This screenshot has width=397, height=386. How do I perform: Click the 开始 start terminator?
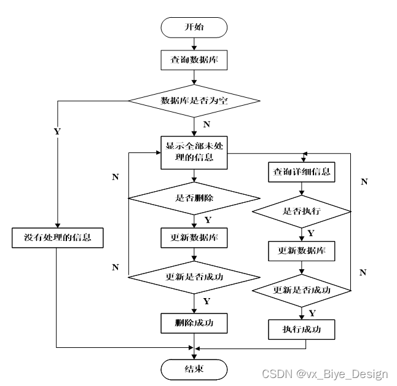[x=194, y=27]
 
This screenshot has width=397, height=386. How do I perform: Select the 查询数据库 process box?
[x=194, y=61]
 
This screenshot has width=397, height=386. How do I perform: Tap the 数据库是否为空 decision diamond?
[x=194, y=101]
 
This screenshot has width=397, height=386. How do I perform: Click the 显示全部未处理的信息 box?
[x=194, y=152]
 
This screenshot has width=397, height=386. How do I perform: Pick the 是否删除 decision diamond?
[x=194, y=198]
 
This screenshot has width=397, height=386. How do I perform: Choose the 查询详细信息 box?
[x=302, y=172]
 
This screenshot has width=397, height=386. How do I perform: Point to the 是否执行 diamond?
[x=302, y=211]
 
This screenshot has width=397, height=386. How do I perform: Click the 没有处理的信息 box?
[x=57, y=237]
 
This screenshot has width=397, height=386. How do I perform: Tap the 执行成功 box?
[x=302, y=329]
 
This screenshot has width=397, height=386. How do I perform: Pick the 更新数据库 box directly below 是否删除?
[x=194, y=237]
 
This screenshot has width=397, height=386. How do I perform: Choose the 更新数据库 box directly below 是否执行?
[x=302, y=251]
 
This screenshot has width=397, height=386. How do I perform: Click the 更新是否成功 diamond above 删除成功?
[x=194, y=276]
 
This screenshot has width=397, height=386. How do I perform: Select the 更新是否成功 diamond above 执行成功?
[x=302, y=289]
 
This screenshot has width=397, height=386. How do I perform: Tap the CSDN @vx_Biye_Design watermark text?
[x=324, y=374]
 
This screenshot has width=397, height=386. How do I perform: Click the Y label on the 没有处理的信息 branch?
[x=57, y=131]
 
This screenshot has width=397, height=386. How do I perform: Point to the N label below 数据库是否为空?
[x=206, y=125]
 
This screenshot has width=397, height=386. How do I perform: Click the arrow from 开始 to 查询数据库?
[x=194, y=44]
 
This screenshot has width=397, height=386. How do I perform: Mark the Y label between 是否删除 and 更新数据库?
[x=207, y=219]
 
